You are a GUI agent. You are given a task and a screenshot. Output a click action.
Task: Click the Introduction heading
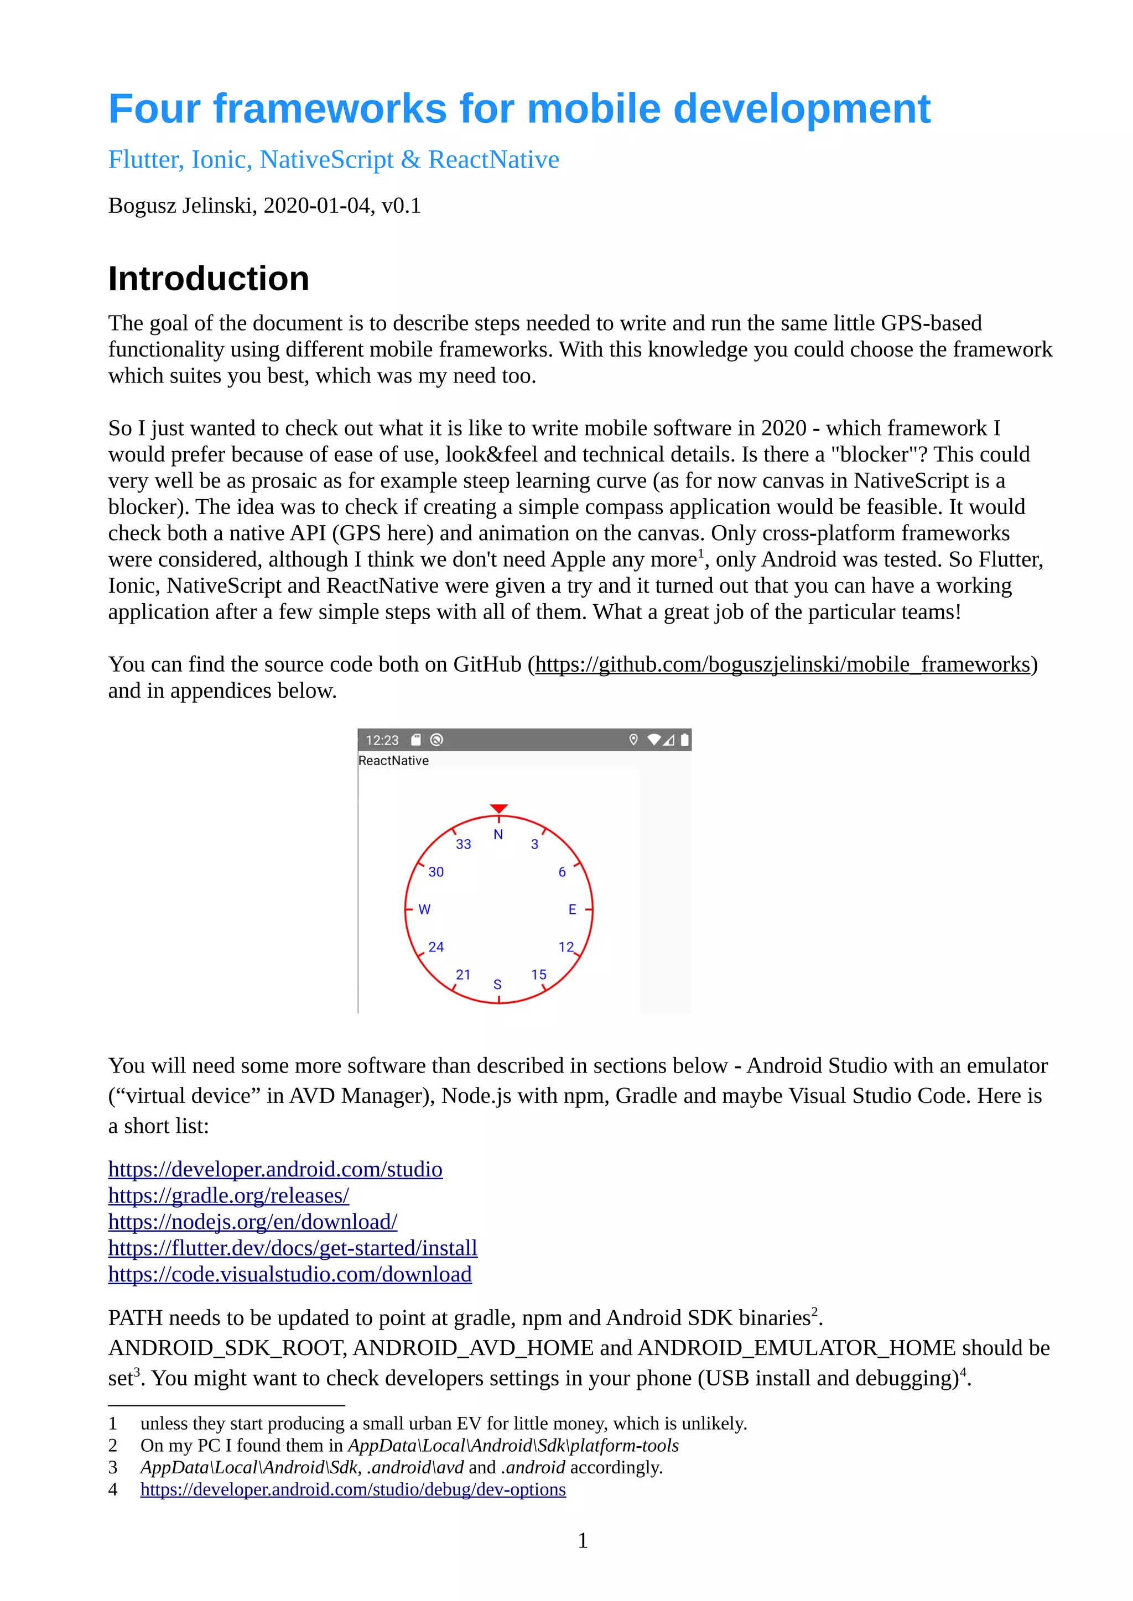point(208,279)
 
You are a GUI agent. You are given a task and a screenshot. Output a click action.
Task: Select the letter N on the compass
point(498,835)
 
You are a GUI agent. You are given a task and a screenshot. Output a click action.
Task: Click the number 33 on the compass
point(463,844)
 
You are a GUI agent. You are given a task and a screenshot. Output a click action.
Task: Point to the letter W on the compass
point(424,909)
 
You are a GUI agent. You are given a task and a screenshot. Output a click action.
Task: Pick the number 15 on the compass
point(539,975)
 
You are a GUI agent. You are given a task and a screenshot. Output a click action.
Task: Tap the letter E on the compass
point(572,909)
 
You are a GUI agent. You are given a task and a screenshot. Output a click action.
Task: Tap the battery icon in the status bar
point(684,740)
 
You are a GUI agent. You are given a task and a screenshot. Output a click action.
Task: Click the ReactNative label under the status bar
point(393,761)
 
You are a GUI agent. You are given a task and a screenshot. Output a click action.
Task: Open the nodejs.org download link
point(253,1222)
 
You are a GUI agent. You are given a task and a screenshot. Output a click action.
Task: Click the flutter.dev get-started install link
point(292,1248)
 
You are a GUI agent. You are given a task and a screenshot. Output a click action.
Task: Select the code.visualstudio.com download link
point(289,1275)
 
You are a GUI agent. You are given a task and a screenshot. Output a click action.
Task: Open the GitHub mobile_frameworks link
point(782,665)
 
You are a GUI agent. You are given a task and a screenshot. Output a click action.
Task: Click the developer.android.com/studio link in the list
point(275,1169)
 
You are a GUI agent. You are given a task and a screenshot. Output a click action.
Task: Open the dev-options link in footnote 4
point(352,1489)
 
